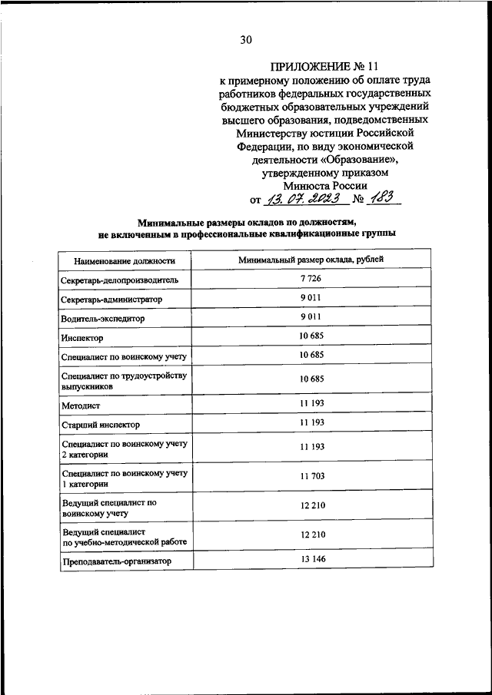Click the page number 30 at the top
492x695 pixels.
click(246, 40)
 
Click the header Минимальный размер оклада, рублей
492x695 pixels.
click(311, 260)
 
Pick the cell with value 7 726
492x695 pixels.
click(313, 278)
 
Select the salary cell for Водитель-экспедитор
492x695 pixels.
click(312, 316)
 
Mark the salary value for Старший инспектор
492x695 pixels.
click(312, 422)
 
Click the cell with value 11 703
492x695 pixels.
click(312, 476)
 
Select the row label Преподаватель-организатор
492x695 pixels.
click(115, 562)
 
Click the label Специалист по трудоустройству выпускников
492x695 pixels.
click(124, 382)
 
